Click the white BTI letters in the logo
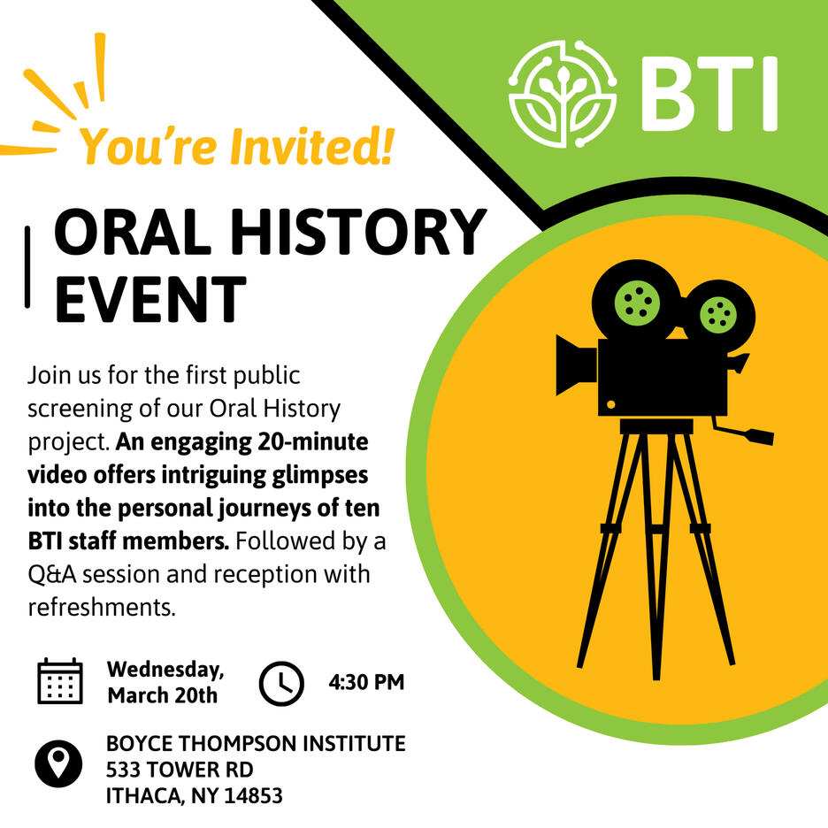(x=709, y=94)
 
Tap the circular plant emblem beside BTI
(x=563, y=94)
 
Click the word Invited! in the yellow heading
(x=312, y=146)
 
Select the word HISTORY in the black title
(x=358, y=232)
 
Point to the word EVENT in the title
(x=151, y=298)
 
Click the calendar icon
(x=60, y=681)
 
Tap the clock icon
(x=281, y=683)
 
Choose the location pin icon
(x=58, y=763)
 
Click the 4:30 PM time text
(x=366, y=682)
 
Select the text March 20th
(x=163, y=695)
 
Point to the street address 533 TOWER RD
(x=180, y=770)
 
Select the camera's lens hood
(x=576, y=364)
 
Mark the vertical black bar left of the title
(x=27, y=266)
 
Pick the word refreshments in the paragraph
(x=101, y=607)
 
